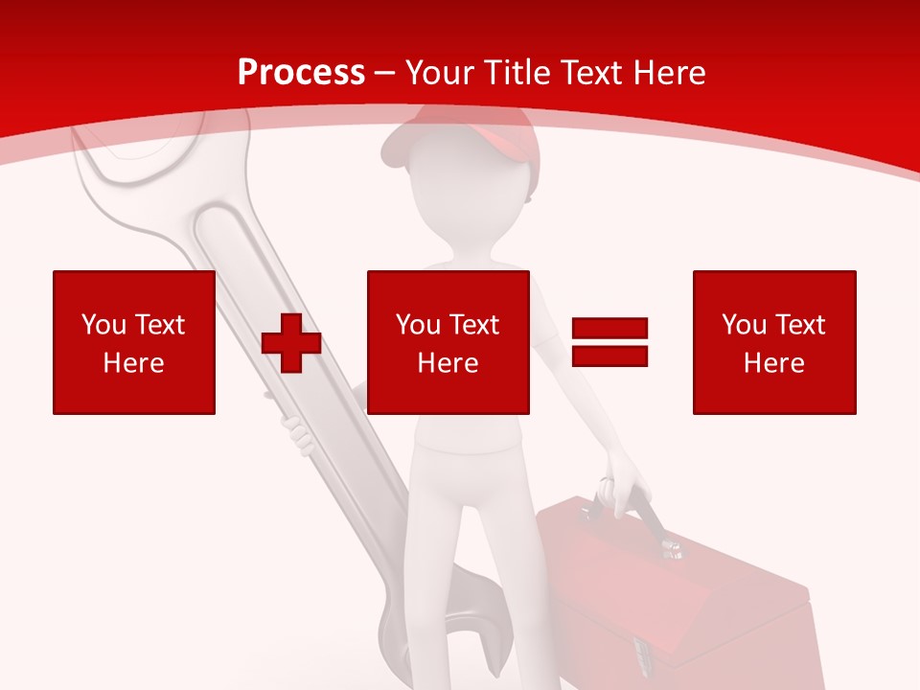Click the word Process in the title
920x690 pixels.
pyautogui.click(x=301, y=73)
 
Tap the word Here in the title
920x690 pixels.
pyautogui.click(x=668, y=73)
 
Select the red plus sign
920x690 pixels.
pyautogui.click(x=291, y=344)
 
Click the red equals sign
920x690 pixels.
pyautogui.click(x=609, y=342)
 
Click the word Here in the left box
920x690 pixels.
pyautogui.click(x=134, y=363)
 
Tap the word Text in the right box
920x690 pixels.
pyautogui.click(x=798, y=325)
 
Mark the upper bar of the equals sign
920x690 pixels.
pyautogui.click(x=609, y=329)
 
